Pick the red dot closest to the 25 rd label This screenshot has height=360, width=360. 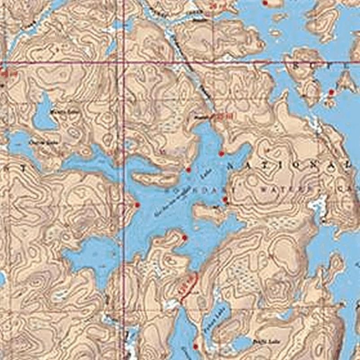(x=220, y=154)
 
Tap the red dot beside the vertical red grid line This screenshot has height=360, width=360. (x=137, y=205)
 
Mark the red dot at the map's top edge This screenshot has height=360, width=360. (x=265, y=3)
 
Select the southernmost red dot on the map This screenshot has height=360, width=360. (x=195, y=346)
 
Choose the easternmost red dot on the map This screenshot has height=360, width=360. (x=331, y=92)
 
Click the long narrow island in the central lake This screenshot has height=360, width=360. (x=155, y=178)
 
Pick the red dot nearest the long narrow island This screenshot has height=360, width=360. (x=188, y=170)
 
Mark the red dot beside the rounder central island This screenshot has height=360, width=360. (x=225, y=199)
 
